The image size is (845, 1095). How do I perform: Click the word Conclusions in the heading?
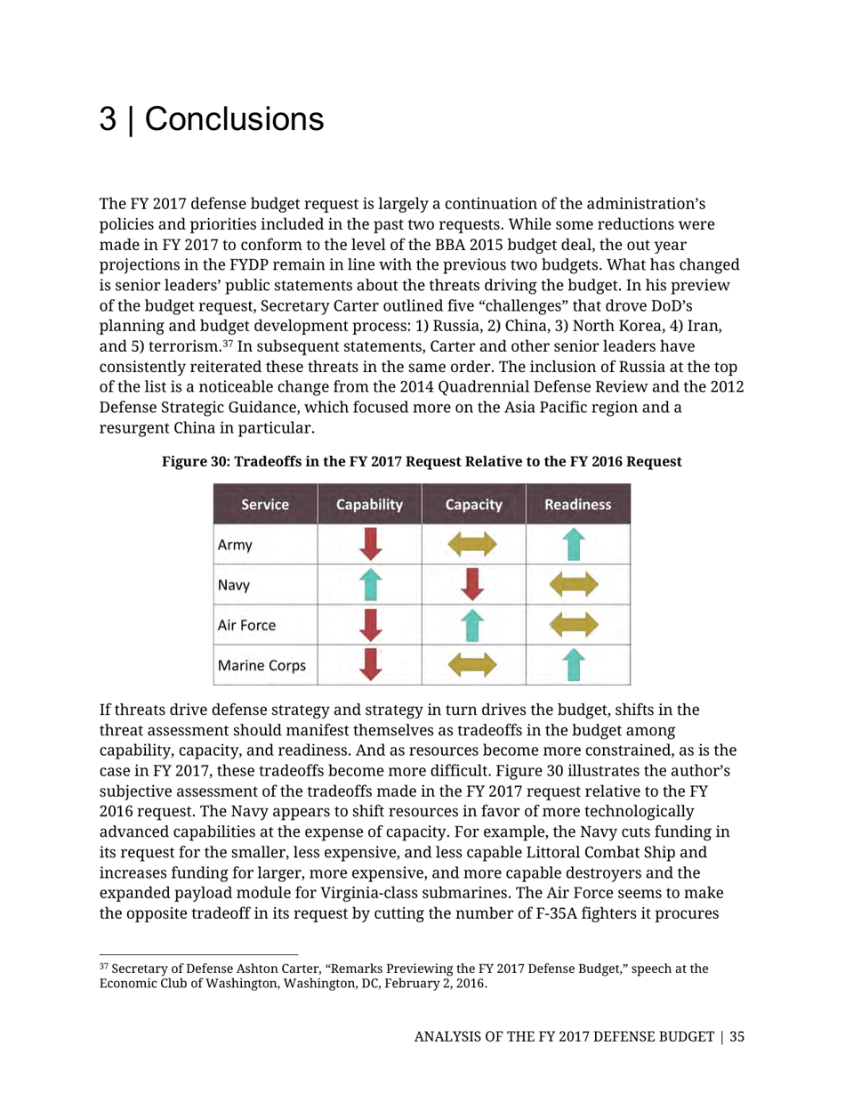point(234,120)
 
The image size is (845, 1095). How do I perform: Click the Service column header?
point(265,505)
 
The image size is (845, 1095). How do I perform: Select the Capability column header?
point(369,505)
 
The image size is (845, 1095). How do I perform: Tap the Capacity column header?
point(473,505)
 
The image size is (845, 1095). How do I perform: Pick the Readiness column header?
point(577,505)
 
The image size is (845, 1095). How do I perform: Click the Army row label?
point(234,545)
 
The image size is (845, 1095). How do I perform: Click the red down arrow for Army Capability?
point(370,544)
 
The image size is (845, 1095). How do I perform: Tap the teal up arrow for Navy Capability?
point(370,584)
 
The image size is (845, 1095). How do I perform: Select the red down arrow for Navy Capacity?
point(474,584)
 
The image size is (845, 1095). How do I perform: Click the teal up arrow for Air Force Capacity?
point(474,624)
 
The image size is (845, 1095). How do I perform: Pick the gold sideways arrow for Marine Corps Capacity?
point(474,665)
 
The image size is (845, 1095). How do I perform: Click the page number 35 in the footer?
point(737,1036)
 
